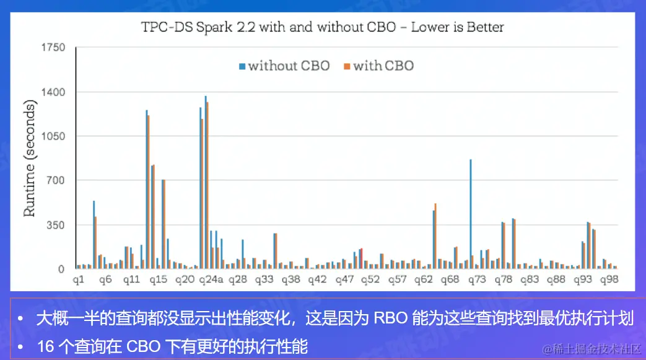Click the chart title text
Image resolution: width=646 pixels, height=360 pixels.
click(322, 27)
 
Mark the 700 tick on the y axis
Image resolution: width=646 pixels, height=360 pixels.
click(56, 181)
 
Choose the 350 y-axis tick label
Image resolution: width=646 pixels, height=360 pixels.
click(56, 225)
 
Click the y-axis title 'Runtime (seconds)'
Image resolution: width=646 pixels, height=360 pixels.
click(30, 159)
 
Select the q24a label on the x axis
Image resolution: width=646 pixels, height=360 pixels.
click(211, 280)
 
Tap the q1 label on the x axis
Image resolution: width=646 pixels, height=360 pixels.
click(79, 280)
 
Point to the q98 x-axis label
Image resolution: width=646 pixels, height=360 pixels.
click(610, 280)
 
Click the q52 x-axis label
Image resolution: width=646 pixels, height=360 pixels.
click(370, 280)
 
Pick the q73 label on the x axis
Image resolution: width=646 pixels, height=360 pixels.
click(477, 280)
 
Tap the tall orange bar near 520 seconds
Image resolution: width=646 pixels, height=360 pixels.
click(435, 236)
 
